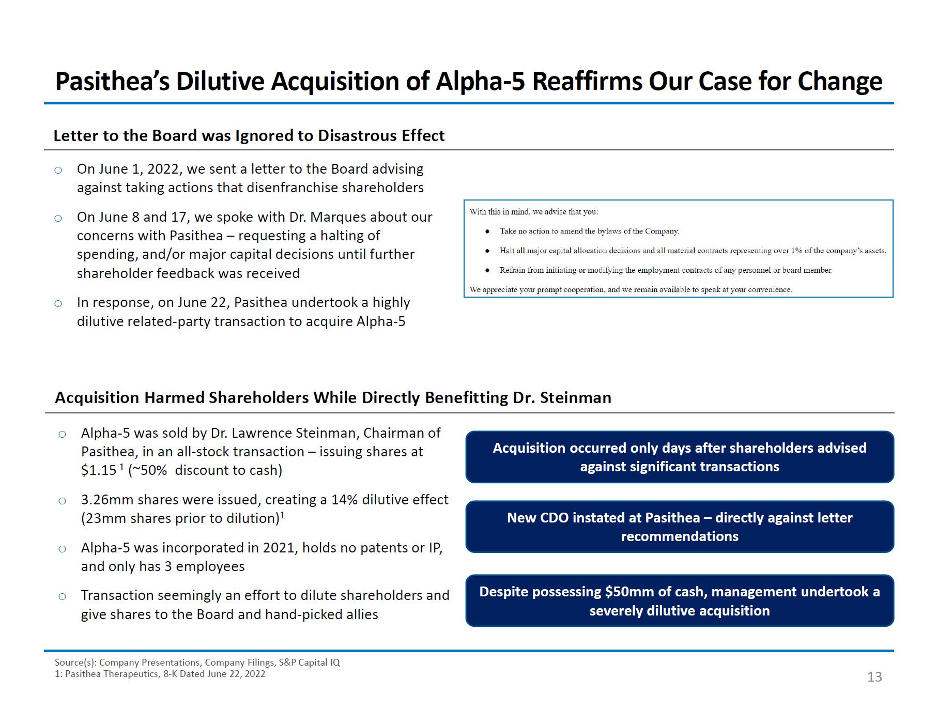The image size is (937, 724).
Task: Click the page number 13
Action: (874, 677)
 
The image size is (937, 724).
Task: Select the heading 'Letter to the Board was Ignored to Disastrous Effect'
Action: (249, 135)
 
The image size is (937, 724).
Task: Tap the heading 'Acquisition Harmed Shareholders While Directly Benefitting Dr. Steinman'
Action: (333, 397)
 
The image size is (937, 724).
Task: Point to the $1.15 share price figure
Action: (99, 470)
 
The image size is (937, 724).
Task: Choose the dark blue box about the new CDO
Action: (680, 527)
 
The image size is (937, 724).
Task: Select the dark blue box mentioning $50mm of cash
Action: (680, 600)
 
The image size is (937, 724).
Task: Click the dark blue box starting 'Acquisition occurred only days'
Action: (680, 457)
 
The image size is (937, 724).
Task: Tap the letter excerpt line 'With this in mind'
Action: (533, 211)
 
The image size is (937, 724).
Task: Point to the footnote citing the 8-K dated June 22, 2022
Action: (160, 674)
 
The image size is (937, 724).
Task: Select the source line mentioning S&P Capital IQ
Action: (197, 663)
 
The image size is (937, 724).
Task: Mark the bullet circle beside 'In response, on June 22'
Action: (58, 303)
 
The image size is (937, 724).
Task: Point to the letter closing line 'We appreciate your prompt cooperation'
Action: (631, 289)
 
